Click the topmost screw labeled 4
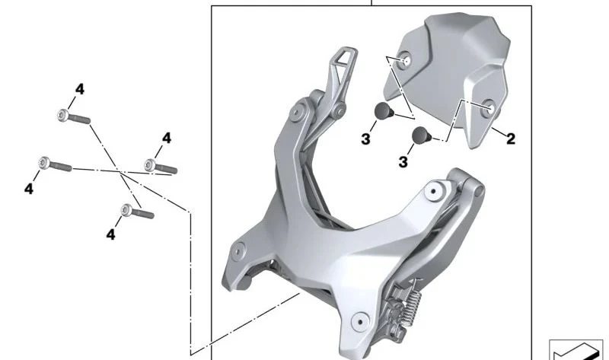[x=74, y=116]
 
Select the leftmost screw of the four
[x=55, y=164]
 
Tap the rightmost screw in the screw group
[x=161, y=167]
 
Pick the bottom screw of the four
[x=137, y=212]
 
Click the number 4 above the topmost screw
[x=80, y=89]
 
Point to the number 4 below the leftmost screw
[x=29, y=189]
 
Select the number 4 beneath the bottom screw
[x=110, y=234]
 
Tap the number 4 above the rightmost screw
[x=167, y=138]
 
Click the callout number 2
[x=511, y=139]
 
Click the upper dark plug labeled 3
[x=384, y=111]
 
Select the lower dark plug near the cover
[x=422, y=135]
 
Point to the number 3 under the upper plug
[x=365, y=139]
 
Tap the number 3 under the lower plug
[x=403, y=162]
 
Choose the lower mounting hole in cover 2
[x=488, y=108]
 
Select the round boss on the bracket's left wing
[x=238, y=251]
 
